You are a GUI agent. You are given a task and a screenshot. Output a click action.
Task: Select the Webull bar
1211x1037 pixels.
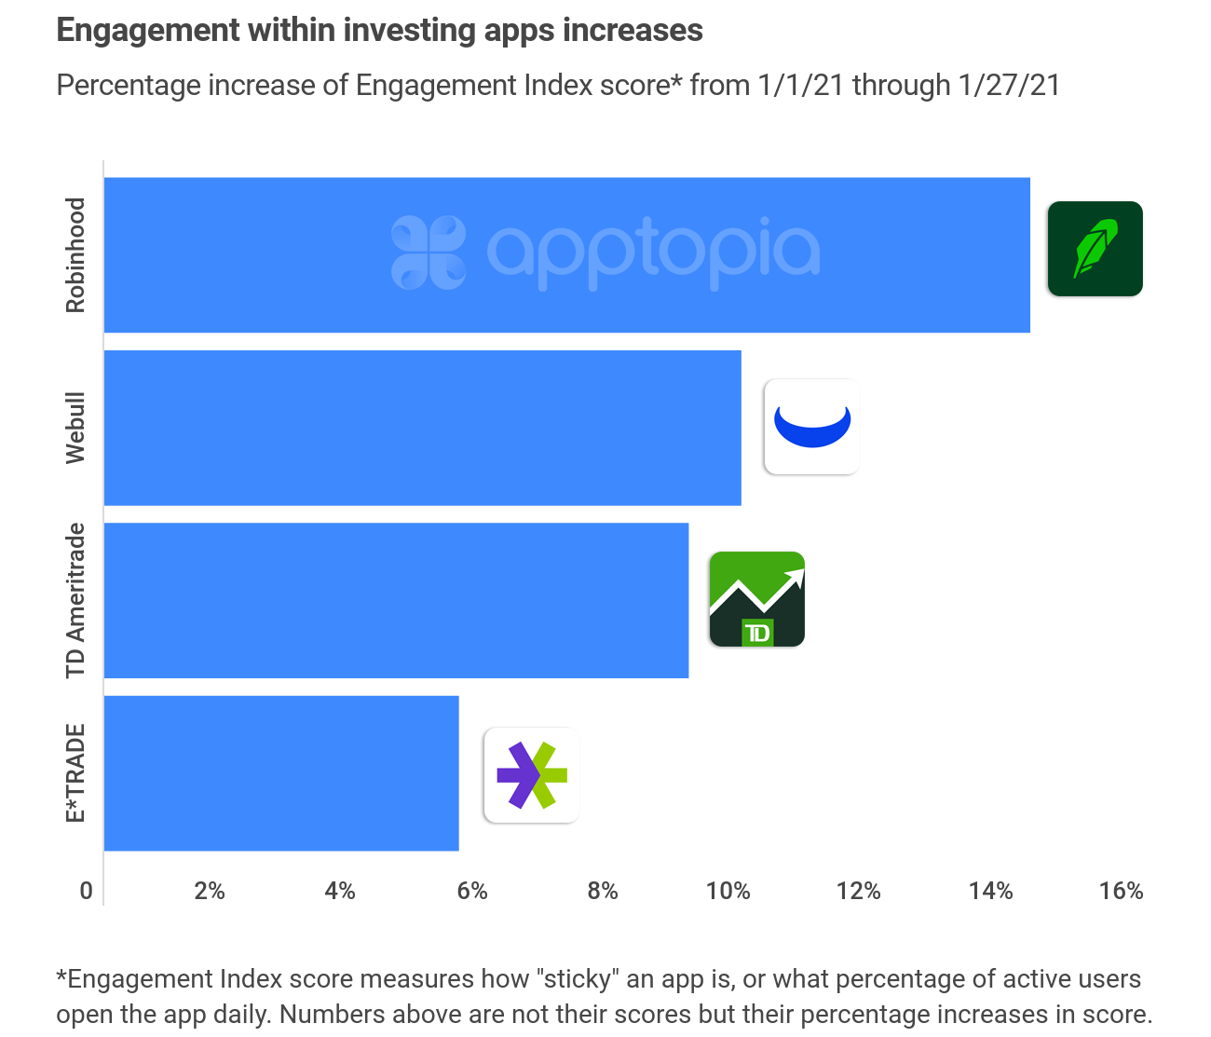coord(422,428)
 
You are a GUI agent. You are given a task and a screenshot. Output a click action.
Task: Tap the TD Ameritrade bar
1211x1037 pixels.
coord(396,600)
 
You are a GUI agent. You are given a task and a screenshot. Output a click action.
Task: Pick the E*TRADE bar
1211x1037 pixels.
coord(281,772)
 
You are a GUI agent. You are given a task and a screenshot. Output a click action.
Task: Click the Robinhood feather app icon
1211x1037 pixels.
coord(1095,249)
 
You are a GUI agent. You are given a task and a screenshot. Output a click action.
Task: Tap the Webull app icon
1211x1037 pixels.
coord(811,427)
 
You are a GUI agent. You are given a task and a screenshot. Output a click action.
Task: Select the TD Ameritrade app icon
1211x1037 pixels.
coord(756,599)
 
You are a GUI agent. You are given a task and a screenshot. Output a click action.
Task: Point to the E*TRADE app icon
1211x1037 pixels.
coord(531,775)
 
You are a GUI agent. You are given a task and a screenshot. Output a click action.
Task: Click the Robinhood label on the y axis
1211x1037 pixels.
coord(75,255)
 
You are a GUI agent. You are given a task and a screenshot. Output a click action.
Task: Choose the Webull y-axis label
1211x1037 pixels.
coord(75,428)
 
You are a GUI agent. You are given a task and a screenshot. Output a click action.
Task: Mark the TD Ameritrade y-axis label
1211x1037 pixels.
coord(75,600)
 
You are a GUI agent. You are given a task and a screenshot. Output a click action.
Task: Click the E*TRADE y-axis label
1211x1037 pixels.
coord(75,772)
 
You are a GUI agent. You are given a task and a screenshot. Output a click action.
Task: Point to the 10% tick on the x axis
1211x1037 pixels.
coord(728,892)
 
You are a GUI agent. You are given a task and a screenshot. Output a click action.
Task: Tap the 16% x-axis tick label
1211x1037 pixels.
coord(1121,892)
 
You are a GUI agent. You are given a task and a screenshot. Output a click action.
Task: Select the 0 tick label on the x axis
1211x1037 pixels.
coord(87,892)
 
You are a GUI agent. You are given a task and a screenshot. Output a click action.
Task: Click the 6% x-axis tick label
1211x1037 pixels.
coord(472,892)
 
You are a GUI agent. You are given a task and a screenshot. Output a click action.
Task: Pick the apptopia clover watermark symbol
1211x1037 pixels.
coord(428,252)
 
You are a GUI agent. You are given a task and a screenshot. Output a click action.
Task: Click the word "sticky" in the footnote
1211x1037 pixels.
coord(577,979)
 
